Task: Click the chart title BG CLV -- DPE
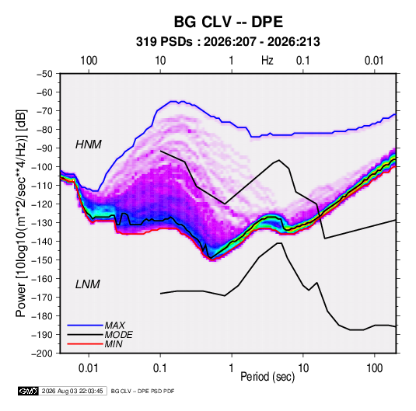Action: pyautogui.click(x=229, y=22)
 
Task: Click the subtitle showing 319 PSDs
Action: pyautogui.click(x=228, y=42)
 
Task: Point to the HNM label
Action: pyautogui.click(x=89, y=145)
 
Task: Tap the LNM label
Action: pyautogui.click(x=88, y=284)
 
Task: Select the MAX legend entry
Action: pyautogui.click(x=114, y=326)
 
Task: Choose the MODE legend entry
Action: pyautogui.click(x=119, y=335)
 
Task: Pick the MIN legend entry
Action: pyautogui.click(x=114, y=344)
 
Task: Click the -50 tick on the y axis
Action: pyautogui.click(x=44, y=74)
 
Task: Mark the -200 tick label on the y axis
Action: pyautogui.click(x=42, y=354)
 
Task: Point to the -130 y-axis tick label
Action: pyautogui.click(x=42, y=223)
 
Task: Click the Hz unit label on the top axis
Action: pyautogui.click(x=267, y=61)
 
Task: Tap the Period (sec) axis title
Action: pyautogui.click(x=267, y=377)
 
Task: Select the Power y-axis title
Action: pyautogui.click(x=21, y=213)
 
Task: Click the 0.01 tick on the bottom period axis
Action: pyautogui.click(x=89, y=368)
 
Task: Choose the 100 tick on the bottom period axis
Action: pyautogui.click(x=374, y=368)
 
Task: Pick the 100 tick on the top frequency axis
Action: pyautogui.click(x=89, y=61)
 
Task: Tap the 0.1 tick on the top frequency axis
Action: pyautogui.click(x=303, y=61)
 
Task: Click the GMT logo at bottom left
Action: pyautogui.click(x=29, y=391)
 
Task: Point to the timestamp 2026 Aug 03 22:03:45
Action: pyautogui.click(x=72, y=391)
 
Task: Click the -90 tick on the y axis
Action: pyautogui.click(x=44, y=148)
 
